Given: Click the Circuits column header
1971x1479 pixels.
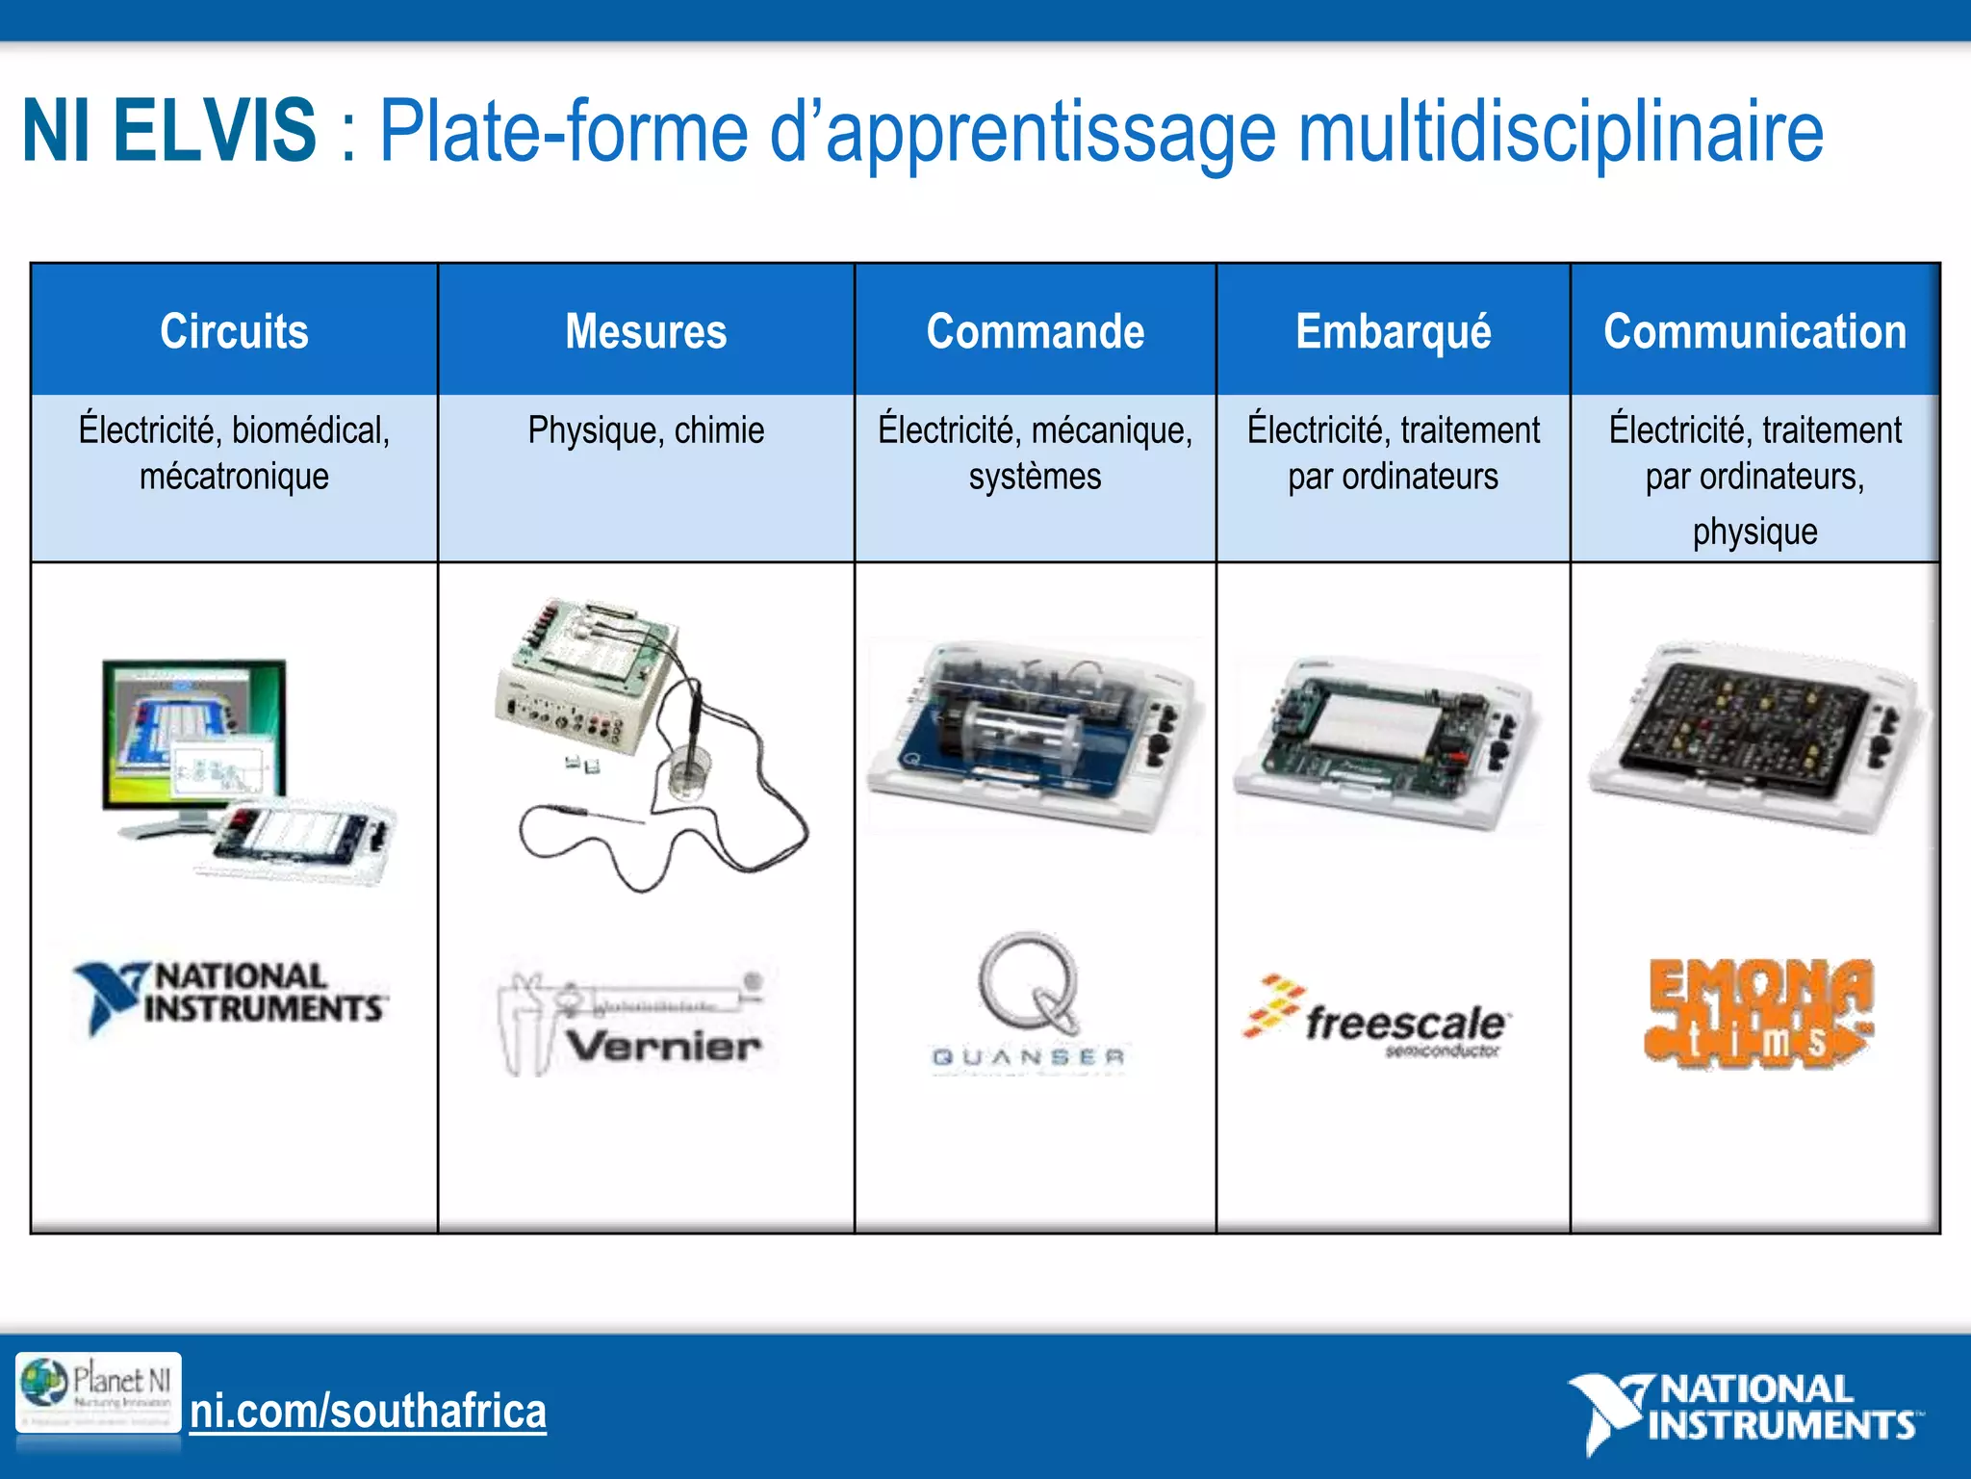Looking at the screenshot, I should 234,331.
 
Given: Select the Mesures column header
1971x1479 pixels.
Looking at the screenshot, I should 646,331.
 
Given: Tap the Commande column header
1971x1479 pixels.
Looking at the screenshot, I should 1035,331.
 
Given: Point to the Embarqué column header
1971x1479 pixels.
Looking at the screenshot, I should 1393,331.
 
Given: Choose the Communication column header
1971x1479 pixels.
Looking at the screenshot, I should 1754,331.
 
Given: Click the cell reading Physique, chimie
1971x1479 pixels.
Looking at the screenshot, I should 646,430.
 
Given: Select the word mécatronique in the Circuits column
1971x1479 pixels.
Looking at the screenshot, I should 234,477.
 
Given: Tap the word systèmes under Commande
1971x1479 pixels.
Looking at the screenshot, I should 1035,477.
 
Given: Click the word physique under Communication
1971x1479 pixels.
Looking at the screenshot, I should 1754,532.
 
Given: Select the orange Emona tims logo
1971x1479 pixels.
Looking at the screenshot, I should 1759,1013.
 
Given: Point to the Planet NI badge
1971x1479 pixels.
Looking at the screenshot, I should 98,1392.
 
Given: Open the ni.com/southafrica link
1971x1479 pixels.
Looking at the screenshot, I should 368,1412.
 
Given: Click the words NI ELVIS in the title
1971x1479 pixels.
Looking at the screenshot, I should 169,131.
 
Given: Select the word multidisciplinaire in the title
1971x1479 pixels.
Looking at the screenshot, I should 1559,131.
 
